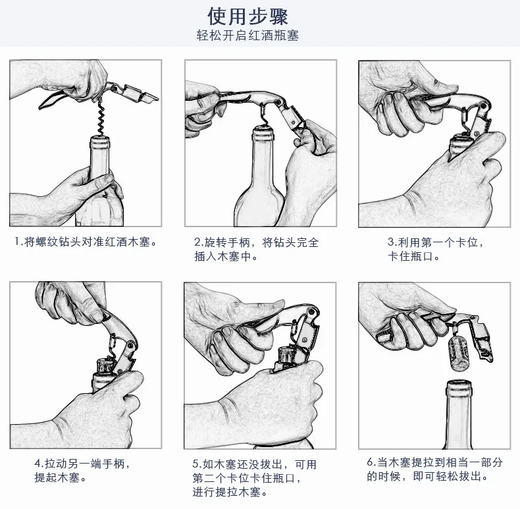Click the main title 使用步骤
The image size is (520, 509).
click(x=247, y=16)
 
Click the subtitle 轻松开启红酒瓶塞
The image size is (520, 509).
click(x=247, y=35)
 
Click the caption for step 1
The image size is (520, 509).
click(x=86, y=242)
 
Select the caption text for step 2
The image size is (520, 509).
click(x=256, y=249)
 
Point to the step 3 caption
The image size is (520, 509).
click(x=436, y=249)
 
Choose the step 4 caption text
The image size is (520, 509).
click(x=82, y=470)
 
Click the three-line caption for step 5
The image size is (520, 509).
click(x=254, y=478)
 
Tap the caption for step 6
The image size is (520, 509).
click(x=434, y=469)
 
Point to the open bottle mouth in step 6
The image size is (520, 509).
click(x=459, y=385)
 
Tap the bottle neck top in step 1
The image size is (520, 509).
click(x=99, y=142)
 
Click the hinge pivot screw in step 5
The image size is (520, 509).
click(x=311, y=312)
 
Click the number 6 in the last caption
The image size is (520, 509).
click(x=370, y=462)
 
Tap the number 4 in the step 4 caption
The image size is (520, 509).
click(x=38, y=464)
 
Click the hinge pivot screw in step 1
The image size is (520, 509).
click(x=114, y=89)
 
